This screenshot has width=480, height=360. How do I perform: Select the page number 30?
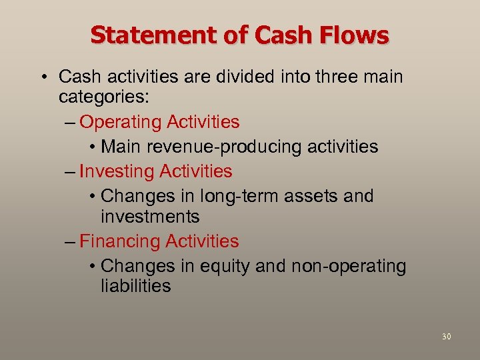coord(446,337)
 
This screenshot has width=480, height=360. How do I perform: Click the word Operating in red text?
coord(120,122)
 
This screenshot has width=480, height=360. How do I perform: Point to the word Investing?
coord(116,171)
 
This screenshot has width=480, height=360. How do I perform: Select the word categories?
coord(104,97)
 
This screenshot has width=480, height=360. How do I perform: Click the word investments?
coord(150,217)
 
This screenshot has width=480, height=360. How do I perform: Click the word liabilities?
coord(136,287)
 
